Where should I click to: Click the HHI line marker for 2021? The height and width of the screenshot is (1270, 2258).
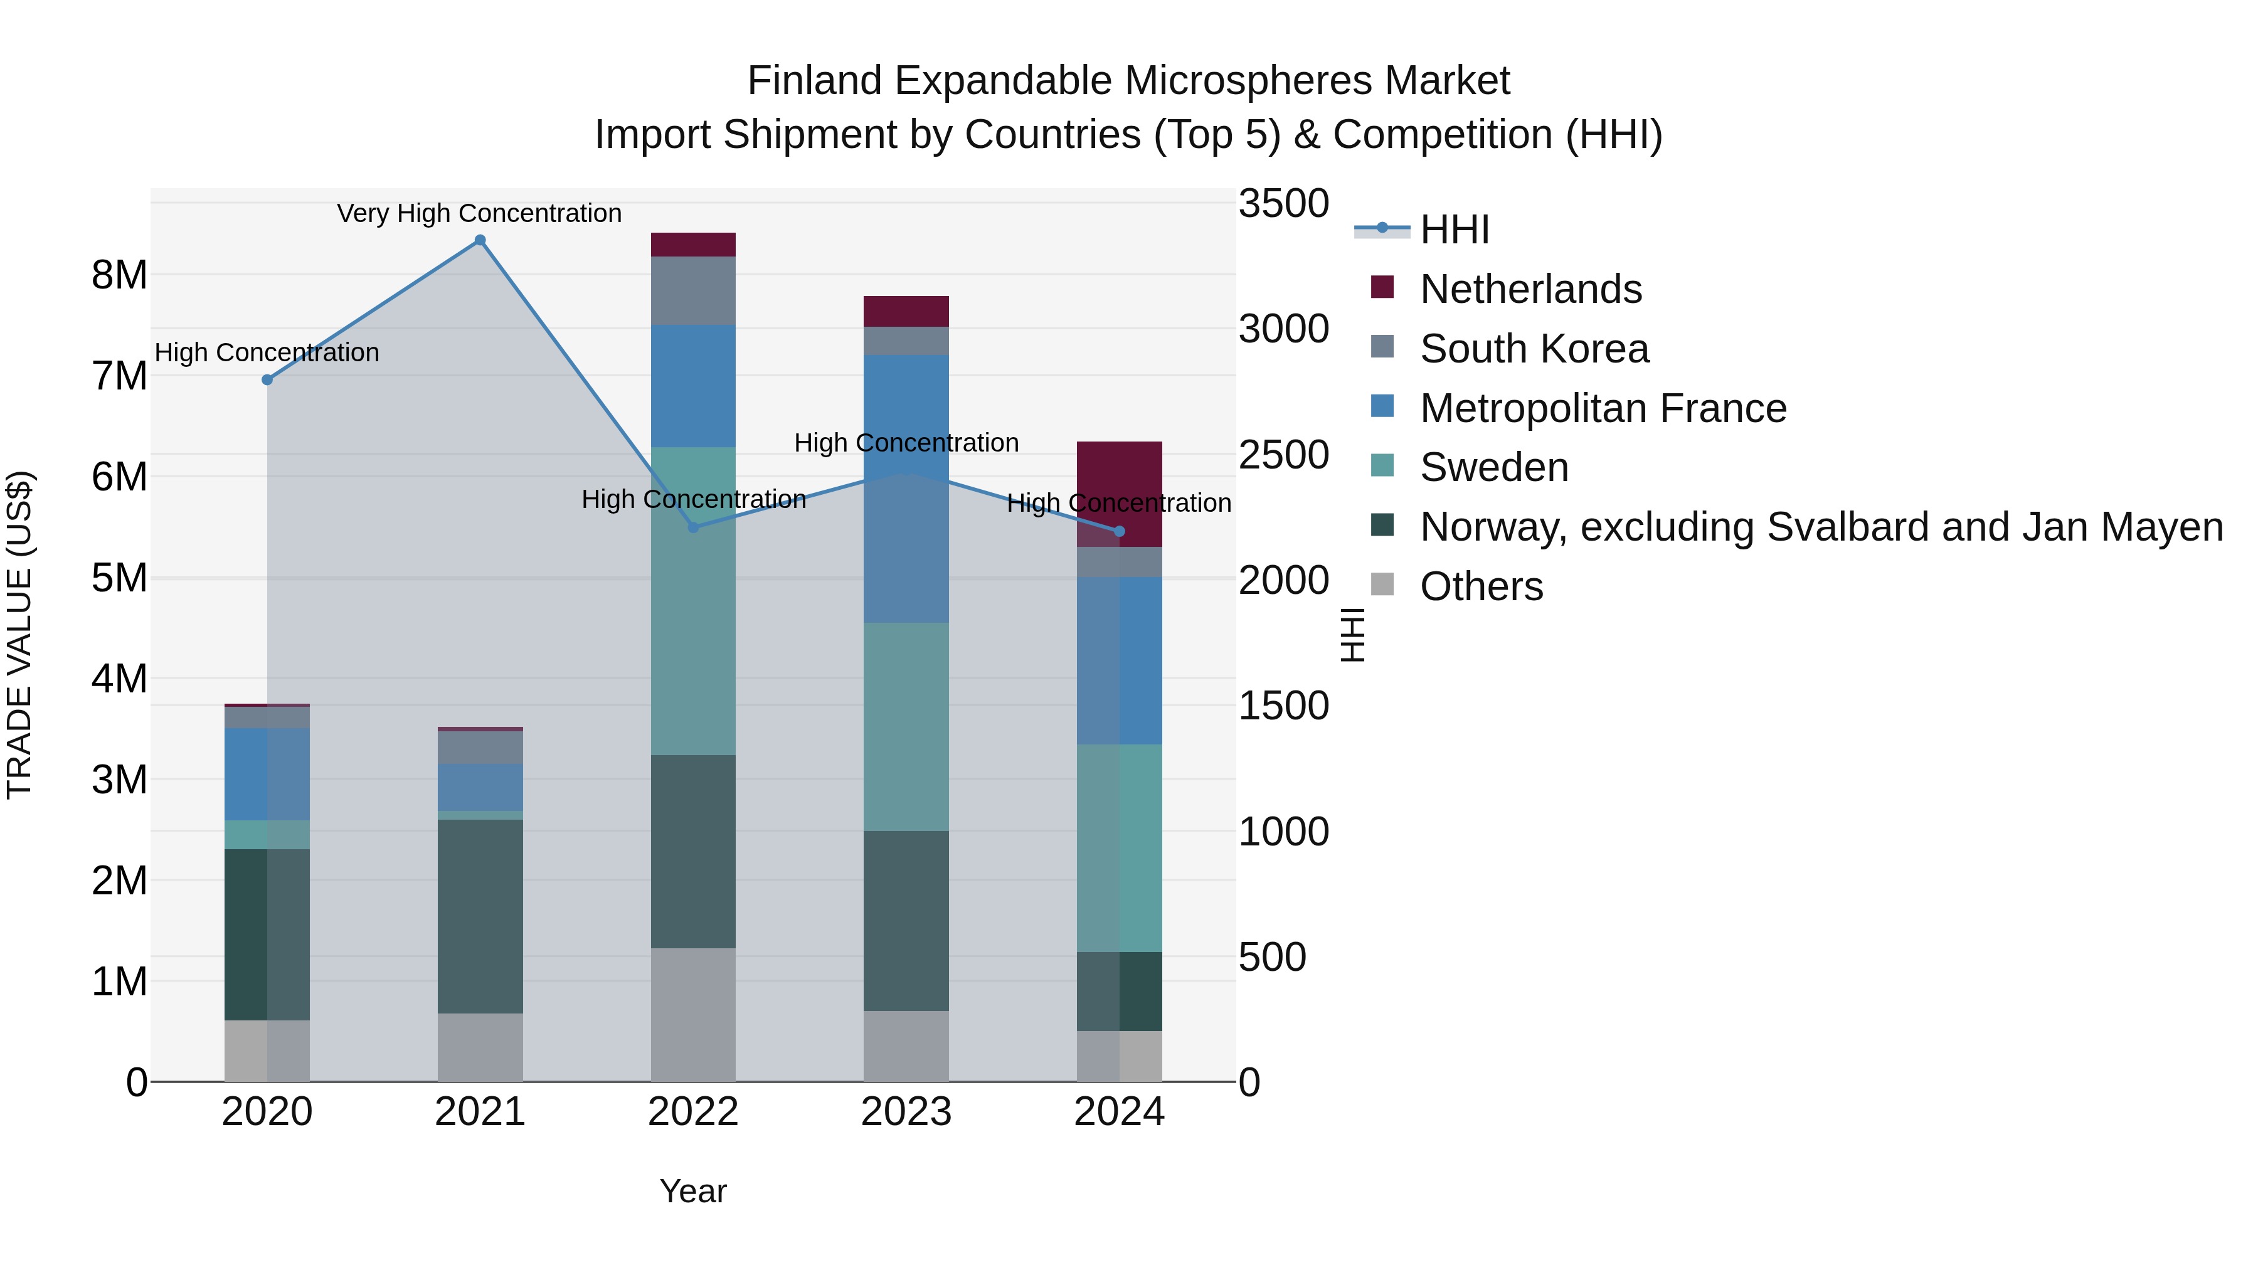479,240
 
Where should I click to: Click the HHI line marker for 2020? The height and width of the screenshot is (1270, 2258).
267,379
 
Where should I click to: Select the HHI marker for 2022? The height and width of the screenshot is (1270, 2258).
693,527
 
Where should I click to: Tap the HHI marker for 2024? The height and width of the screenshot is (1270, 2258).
1120,531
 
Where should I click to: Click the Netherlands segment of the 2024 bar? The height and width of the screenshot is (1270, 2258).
1120,494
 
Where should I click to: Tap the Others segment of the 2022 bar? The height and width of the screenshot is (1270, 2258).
693,1014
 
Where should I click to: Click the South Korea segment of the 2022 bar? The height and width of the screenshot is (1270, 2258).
693,290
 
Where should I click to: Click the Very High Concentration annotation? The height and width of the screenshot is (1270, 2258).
479,213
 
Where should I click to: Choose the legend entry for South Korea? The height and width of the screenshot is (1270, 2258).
1534,349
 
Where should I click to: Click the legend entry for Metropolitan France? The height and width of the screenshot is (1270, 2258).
1603,408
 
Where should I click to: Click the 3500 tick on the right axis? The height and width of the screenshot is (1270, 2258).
1283,203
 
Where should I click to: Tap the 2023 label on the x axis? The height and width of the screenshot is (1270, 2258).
906,1112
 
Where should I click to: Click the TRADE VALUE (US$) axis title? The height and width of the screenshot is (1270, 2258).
19,635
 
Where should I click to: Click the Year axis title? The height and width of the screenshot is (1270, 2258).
692,1191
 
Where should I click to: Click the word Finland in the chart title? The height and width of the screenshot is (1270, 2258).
814,81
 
